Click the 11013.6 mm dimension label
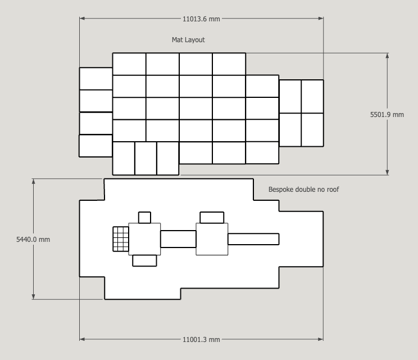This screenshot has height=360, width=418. pyautogui.click(x=201, y=19)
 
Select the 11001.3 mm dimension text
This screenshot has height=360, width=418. pyautogui.click(x=201, y=339)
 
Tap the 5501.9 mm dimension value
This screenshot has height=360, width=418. pyautogui.click(x=387, y=115)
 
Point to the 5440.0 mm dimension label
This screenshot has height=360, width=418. pyautogui.click(x=33, y=240)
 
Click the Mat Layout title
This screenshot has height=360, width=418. pyautogui.click(x=188, y=40)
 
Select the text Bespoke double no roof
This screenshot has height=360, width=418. pyautogui.click(x=303, y=190)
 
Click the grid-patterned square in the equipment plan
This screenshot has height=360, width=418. pyautogui.click(x=121, y=239)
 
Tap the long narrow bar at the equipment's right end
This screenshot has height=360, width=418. pyautogui.click(x=253, y=239)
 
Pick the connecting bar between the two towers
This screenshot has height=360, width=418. pyautogui.click(x=178, y=239)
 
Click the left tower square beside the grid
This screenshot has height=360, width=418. pyautogui.click(x=144, y=239)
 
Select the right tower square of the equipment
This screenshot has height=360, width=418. pyautogui.click(x=212, y=239)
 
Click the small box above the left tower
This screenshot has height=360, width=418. pyautogui.click(x=144, y=218)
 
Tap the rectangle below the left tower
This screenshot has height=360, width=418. pyautogui.click(x=144, y=260)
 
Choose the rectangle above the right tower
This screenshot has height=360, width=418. pyautogui.click(x=212, y=218)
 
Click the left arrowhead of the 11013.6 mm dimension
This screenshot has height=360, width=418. pyautogui.click(x=82, y=19)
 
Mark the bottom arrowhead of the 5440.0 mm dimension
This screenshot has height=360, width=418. pyautogui.click(x=33, y=296)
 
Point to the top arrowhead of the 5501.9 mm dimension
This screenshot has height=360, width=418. pyautogui.click(x=387, y=56)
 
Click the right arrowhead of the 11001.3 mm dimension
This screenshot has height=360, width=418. pyautogui.click(x=321, y=339)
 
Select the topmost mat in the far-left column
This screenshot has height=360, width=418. pyautogui.click(x=96, y=79)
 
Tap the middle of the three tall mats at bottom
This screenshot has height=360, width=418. pyautogui.click(x=146, y=159)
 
